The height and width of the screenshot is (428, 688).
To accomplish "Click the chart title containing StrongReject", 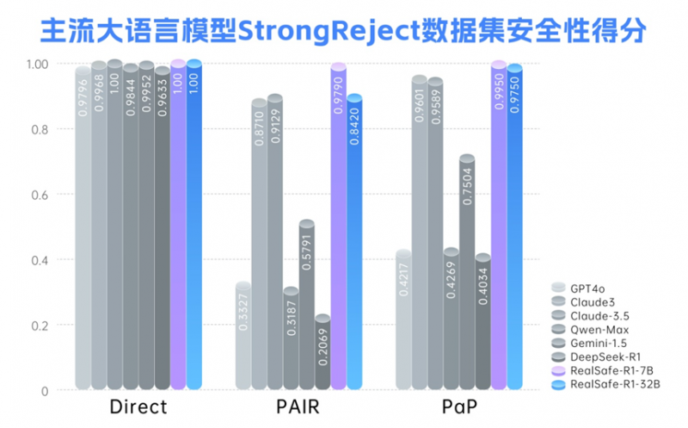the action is pos(343,30).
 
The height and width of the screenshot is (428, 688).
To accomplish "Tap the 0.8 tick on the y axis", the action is pos(40,130).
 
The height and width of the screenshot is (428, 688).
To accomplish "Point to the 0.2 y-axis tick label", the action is pos(40,326).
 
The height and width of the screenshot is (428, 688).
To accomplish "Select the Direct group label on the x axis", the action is pos(138,407).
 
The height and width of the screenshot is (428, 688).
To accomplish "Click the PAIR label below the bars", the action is pos(298,407).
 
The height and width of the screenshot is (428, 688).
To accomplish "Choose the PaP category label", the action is pos(459,407).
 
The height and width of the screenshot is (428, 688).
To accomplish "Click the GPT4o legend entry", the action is pos(578,288).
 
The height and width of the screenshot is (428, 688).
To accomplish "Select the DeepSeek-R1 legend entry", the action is pos(596,357).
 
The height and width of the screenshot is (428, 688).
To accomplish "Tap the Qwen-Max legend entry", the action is pos(590,330).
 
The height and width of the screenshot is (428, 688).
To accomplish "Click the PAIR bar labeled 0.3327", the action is pos(243,336).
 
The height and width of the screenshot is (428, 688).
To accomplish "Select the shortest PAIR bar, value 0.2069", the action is pos(322,352).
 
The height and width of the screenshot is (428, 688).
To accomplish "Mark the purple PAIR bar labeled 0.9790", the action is pos(338,226).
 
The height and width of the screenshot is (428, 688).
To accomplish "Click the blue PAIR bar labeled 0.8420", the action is pos(354,242).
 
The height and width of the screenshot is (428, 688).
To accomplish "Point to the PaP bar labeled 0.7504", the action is pos(467,272).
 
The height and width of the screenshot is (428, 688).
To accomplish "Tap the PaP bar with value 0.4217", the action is pos(403,319).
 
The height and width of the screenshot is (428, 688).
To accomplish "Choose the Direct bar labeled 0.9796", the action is pos(83,227).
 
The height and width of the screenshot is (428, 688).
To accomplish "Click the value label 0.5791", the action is pos(307,252).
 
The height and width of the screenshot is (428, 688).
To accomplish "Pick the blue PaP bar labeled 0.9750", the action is pos(514,226).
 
